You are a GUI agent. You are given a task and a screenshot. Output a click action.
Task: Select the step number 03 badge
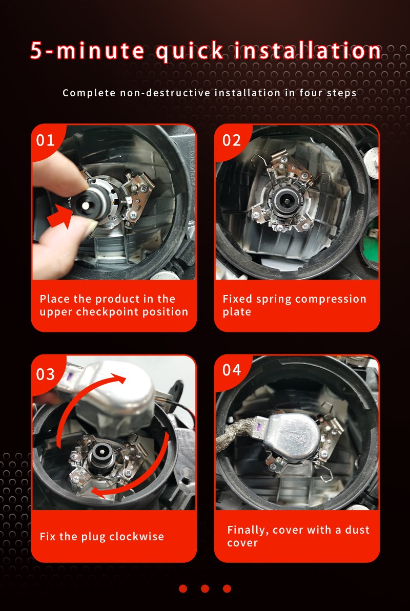click(x=45, y=374)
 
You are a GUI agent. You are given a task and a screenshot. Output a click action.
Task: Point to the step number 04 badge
click(x=232, y=370)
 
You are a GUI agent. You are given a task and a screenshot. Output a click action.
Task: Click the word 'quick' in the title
click(x=190, y=51)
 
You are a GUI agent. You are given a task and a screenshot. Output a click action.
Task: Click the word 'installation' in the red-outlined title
click(x=307, y=51)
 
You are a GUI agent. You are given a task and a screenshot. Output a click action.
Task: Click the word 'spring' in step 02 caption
click(x=274, y=299)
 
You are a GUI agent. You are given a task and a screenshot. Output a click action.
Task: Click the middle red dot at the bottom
click(x=205, y=588)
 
